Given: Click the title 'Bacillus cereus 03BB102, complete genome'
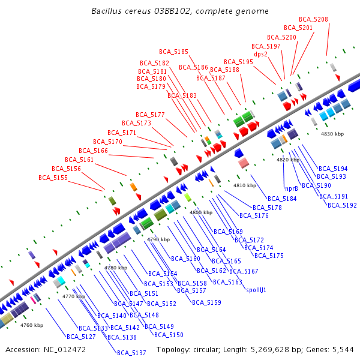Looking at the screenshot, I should click(180, 11).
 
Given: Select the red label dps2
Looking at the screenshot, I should click(260, 54).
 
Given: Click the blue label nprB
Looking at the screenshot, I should click(292, 188).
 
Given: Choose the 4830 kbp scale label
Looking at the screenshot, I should click(332, 134).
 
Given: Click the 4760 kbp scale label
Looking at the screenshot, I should click(32, 325).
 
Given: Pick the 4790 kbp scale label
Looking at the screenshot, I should click(158, 239).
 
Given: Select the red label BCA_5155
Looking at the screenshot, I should click(53, 178).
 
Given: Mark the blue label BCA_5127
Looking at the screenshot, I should click(81, 337).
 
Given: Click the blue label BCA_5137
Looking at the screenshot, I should click(131, 353).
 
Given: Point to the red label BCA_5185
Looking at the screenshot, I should click(173, 52).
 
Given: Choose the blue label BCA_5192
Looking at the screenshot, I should click(342, 205).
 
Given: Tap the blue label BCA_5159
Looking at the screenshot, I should click(206, 302).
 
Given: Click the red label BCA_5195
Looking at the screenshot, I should click(238, 62).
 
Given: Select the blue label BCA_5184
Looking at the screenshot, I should click(282, 199).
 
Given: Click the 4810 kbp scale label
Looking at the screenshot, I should click(244, 185).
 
